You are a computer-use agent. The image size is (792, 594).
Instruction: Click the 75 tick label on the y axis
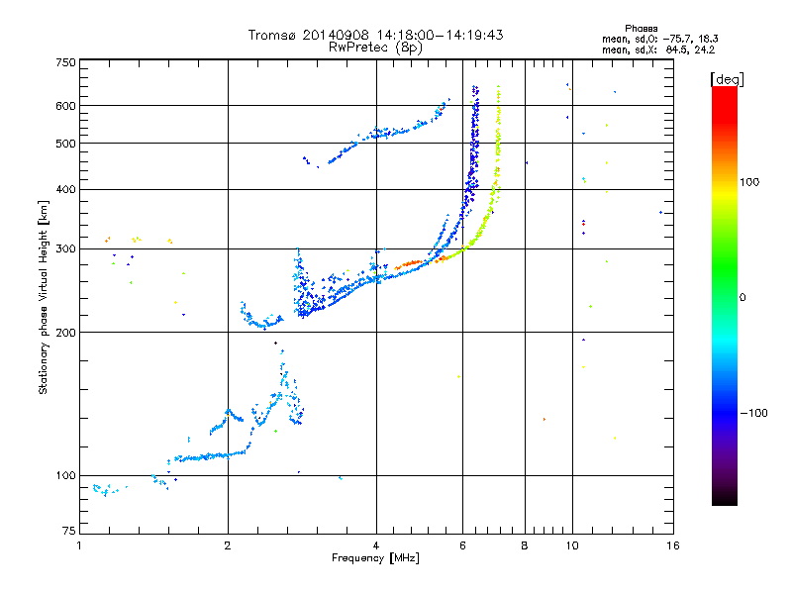coord(69,532)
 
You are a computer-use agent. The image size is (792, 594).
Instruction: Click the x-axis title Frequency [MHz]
coord(375,559)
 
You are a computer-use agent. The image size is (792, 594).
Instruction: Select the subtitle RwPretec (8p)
coord(375,47)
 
